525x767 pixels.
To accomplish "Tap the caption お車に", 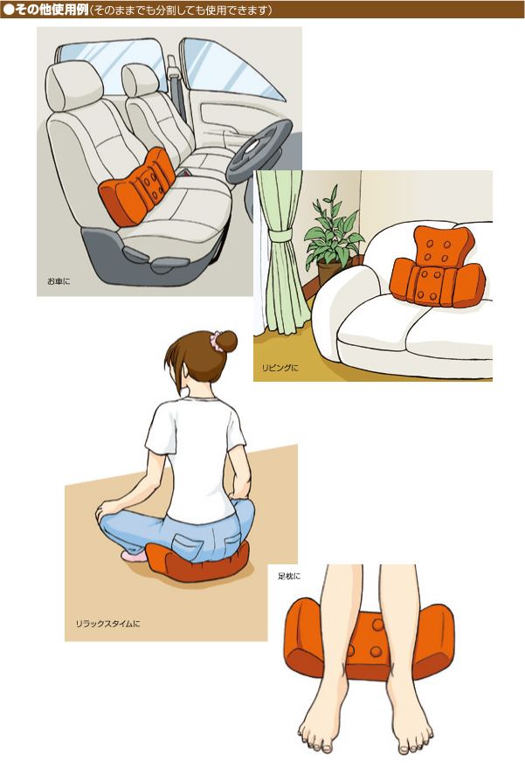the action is [x=59, y=281].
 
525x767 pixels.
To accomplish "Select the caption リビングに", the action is [x=280, y=368].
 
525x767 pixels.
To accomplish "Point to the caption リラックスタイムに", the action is [x=107, y=624].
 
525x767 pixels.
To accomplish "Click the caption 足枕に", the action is [x=289, y=577].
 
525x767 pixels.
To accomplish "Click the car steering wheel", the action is [x=259, y=149].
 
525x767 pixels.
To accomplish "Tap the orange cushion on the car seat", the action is [x=137, y=186].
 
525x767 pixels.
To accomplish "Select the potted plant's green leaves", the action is [x=335, y=230].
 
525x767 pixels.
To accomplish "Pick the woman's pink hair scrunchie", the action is [x=216, y=341].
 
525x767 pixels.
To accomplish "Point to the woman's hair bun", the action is [x=227, y=341].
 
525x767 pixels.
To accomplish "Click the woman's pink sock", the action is [x=134, y=556].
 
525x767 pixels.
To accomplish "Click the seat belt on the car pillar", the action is [x=174, y=79].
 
